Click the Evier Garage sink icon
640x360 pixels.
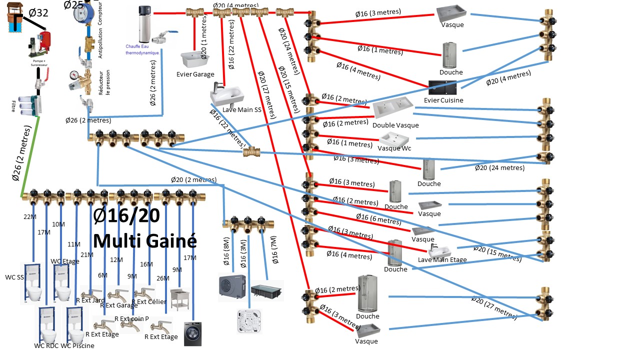[195, 60]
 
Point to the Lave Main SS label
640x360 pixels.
[242, 110]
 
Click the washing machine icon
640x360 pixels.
[192, 333]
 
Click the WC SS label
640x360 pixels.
[14, 277]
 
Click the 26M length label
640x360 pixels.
[163, 278]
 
